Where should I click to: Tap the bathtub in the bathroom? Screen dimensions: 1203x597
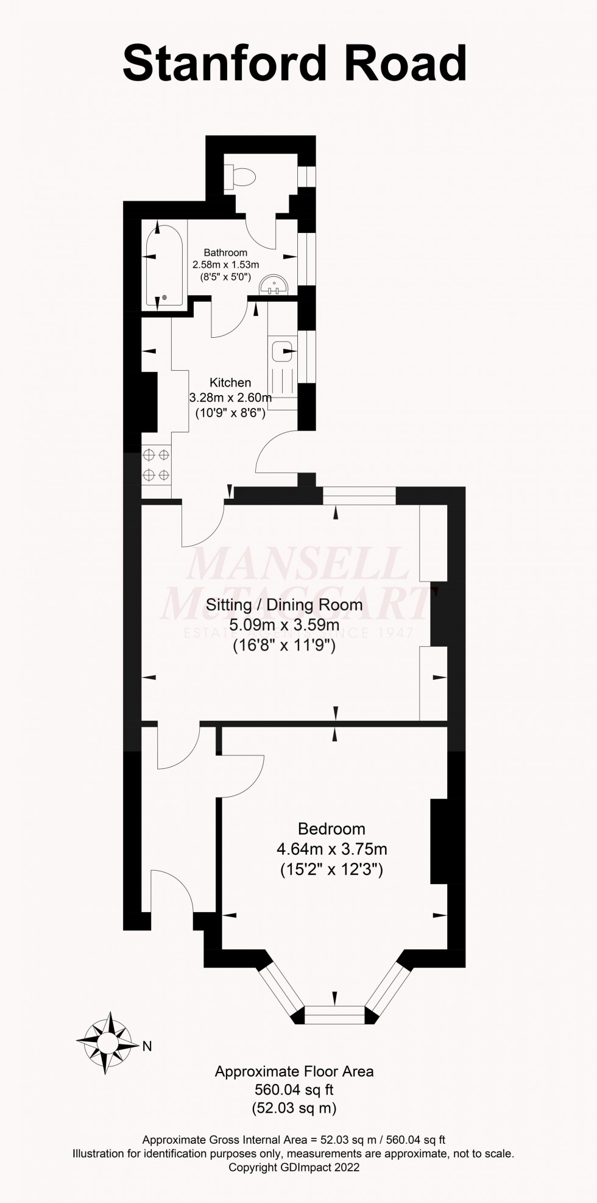click(164, 265)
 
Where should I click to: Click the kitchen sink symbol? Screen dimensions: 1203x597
click(281, 352)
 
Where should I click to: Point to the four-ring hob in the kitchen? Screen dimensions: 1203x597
click(156, 464)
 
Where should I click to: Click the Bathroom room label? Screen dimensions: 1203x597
click(225, 252)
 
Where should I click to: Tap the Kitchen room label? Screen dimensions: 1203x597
click(230, 382)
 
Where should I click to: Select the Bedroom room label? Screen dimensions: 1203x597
click(331, 829)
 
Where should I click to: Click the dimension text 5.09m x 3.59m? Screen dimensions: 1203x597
click(284, 625)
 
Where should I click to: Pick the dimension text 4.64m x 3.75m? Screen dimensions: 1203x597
click(331, 849)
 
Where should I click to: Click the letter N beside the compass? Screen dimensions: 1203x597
click(147, 1047)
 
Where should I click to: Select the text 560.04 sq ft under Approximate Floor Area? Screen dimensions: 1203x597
click(294, 1090)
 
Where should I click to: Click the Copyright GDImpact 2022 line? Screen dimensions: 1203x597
click(294, 1167)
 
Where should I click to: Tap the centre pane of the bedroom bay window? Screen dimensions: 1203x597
click(334, 1014)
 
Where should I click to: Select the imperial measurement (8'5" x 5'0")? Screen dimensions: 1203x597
click(225, 276)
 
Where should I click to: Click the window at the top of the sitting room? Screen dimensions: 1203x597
click(359, 495)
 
